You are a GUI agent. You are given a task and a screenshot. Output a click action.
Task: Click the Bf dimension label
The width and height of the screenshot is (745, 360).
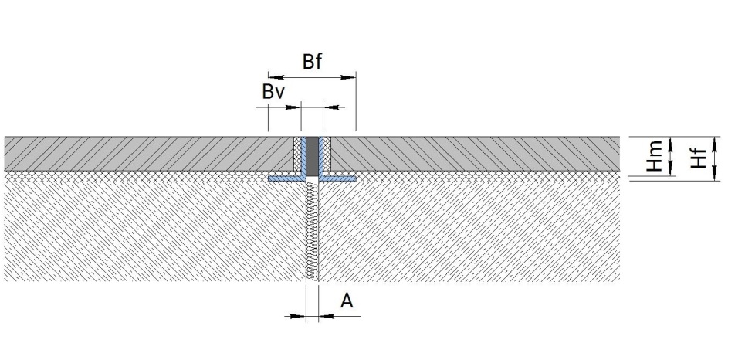point(312,62)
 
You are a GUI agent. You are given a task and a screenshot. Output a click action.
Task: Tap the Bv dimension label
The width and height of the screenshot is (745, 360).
point(273,91)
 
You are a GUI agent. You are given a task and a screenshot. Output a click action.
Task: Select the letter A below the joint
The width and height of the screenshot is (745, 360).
point(347,301)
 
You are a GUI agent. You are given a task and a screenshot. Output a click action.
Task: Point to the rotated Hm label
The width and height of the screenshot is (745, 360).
point(655,155)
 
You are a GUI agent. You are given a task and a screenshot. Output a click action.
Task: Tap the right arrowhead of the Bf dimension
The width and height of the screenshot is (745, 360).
point(348,77)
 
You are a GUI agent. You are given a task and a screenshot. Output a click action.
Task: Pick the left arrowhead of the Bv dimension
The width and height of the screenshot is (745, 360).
point(293,107)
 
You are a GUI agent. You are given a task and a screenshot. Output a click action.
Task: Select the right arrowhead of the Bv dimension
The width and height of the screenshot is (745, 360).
point(330,107)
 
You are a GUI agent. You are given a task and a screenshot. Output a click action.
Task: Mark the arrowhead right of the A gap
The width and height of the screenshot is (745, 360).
point(327,316)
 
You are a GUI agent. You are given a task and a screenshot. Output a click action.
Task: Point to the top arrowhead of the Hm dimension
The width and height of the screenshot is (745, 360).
point(671,144)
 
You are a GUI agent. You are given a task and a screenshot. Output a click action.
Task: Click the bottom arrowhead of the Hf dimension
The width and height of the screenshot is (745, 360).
point(716,173)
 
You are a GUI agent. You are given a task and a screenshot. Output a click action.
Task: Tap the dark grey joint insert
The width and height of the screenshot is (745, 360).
point(312,156)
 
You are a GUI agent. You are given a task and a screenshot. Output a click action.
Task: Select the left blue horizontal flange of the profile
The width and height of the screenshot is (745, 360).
point(286,178)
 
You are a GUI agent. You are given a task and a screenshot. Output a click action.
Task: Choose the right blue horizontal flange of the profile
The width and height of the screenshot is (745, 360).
point(338,178)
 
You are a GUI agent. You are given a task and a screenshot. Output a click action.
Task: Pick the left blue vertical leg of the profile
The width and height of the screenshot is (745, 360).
point(303,157)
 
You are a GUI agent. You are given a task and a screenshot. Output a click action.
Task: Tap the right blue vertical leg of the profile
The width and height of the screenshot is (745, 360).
point(320,157)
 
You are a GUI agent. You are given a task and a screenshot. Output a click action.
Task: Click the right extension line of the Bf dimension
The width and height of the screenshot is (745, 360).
point(356,101)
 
